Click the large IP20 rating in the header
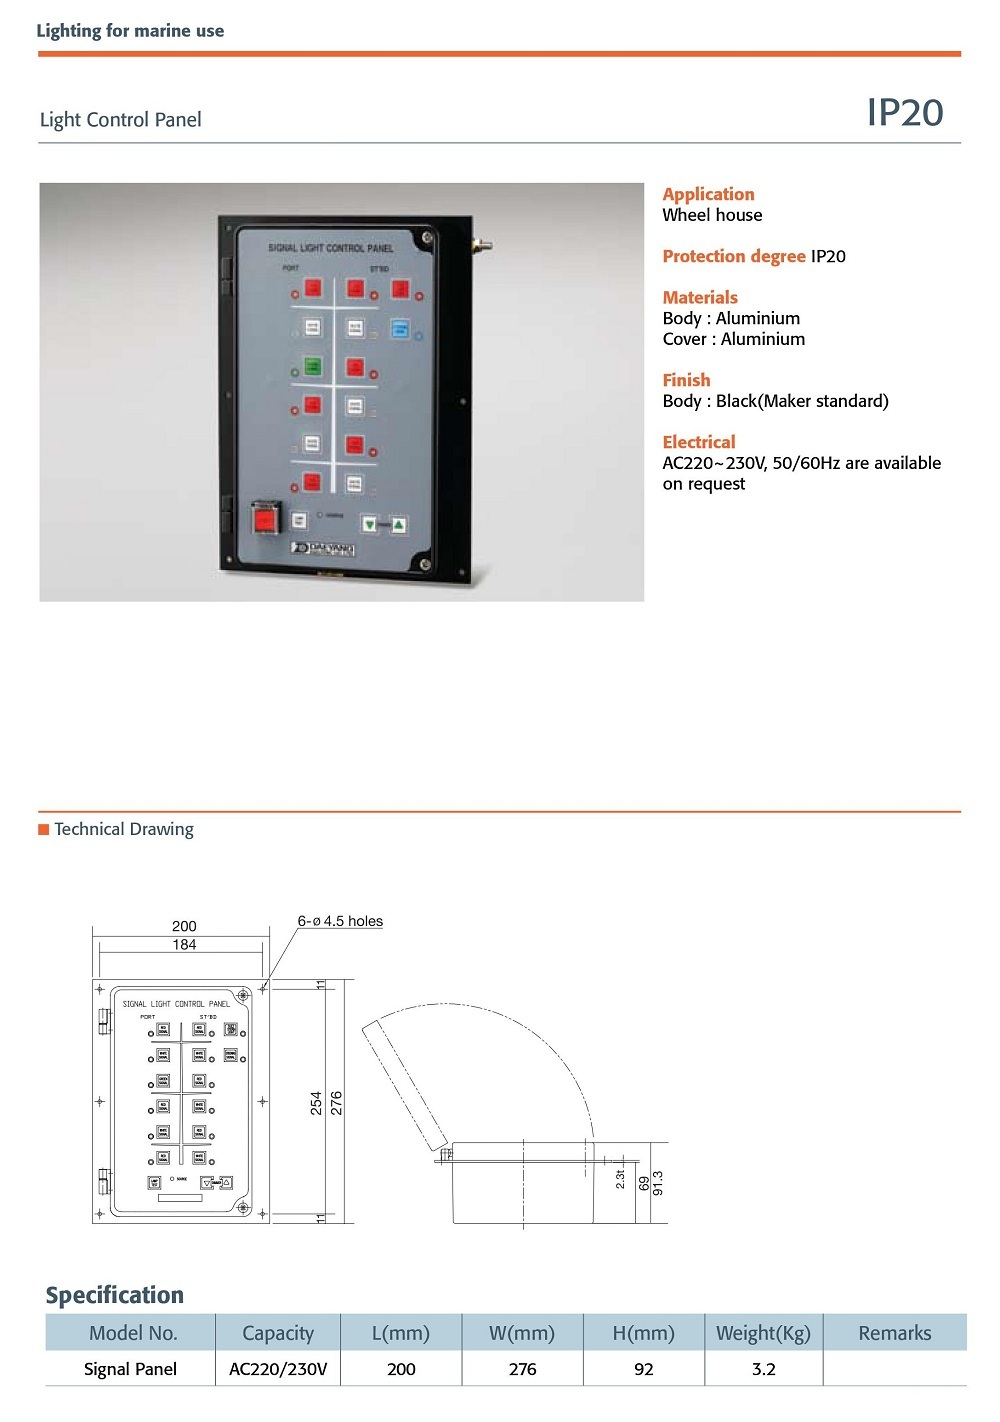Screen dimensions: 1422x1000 coord(904,113)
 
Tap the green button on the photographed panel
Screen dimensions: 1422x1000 coord(313,367)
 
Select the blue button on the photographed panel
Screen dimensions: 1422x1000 coord(400,329)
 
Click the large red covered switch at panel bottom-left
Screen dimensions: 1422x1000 coord(266,519)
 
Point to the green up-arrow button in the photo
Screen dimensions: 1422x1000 coord(398,524)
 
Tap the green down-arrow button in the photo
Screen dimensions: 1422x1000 coord(370,524)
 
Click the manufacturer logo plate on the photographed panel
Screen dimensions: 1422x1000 coord(323,548)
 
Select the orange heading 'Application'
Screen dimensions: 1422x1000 coord(708,194)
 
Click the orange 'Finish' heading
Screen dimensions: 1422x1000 coord(686,380)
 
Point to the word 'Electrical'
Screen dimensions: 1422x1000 coord(698,442)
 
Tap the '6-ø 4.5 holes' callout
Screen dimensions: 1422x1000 coord(340,921)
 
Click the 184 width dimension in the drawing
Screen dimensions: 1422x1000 coord(184,944)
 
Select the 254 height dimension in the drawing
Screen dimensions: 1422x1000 coord(316,1103)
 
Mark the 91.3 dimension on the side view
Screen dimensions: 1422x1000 coord(658,1183)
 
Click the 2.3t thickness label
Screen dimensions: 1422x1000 coord(620,1179)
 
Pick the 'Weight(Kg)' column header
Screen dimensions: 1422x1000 coord(763,1333)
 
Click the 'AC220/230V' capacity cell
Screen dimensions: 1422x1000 coord(278,1369)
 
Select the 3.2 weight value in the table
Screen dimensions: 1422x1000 coord(763,1369)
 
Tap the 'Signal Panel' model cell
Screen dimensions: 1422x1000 coord(130,1369)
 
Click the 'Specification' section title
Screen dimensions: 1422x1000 coord(115,1295)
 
